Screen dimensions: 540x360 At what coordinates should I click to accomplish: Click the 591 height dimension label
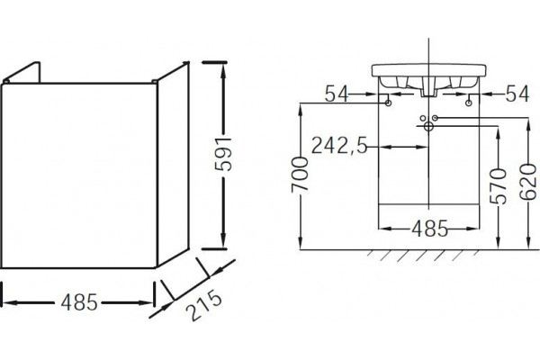click(x=223, y=154)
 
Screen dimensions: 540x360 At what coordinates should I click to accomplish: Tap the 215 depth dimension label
click(x=203, y=305)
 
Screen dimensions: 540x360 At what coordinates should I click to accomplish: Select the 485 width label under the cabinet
click(x=79, y=302)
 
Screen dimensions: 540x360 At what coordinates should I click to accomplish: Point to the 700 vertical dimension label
click(x=300, y=175)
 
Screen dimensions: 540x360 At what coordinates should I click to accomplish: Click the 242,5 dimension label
click(x=339, y=146)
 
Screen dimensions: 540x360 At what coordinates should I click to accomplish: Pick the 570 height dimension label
click(x=498, y=186)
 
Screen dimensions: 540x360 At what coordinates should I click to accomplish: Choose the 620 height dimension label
click(x=528, y=182)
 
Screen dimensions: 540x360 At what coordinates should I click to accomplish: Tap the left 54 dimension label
click(x=337, y=94)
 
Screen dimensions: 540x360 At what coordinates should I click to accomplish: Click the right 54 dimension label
click(x=517, y=94)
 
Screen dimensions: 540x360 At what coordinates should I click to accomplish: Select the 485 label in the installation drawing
click(x=430, y=229)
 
